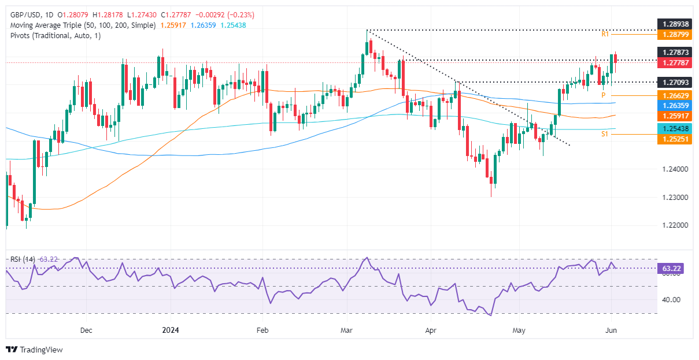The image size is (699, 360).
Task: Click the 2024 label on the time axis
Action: point(171,330)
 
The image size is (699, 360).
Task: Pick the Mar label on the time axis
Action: point(347,330)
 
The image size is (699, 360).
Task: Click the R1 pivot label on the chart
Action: point(605,35)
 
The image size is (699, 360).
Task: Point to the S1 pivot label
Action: point(605,134)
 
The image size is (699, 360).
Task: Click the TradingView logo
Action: point(34,350)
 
